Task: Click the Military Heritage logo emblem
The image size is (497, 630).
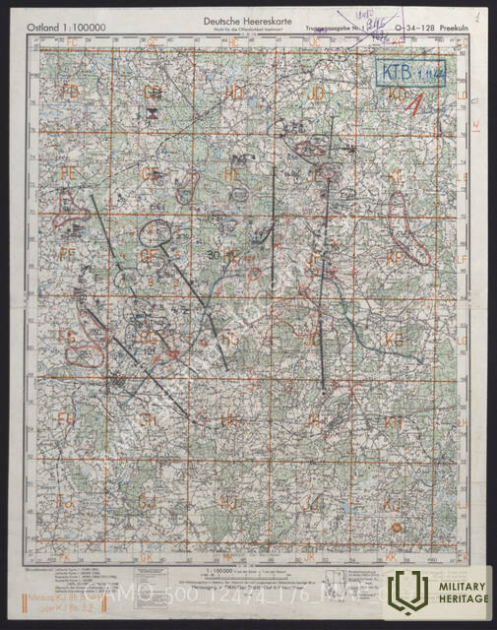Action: point(405,592)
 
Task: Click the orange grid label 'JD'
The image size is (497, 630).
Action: point(317,93)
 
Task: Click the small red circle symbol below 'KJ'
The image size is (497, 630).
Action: point(397,528)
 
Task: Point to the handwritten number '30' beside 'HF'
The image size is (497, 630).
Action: point(214,255)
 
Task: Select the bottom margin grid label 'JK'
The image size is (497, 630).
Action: point(313,557)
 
